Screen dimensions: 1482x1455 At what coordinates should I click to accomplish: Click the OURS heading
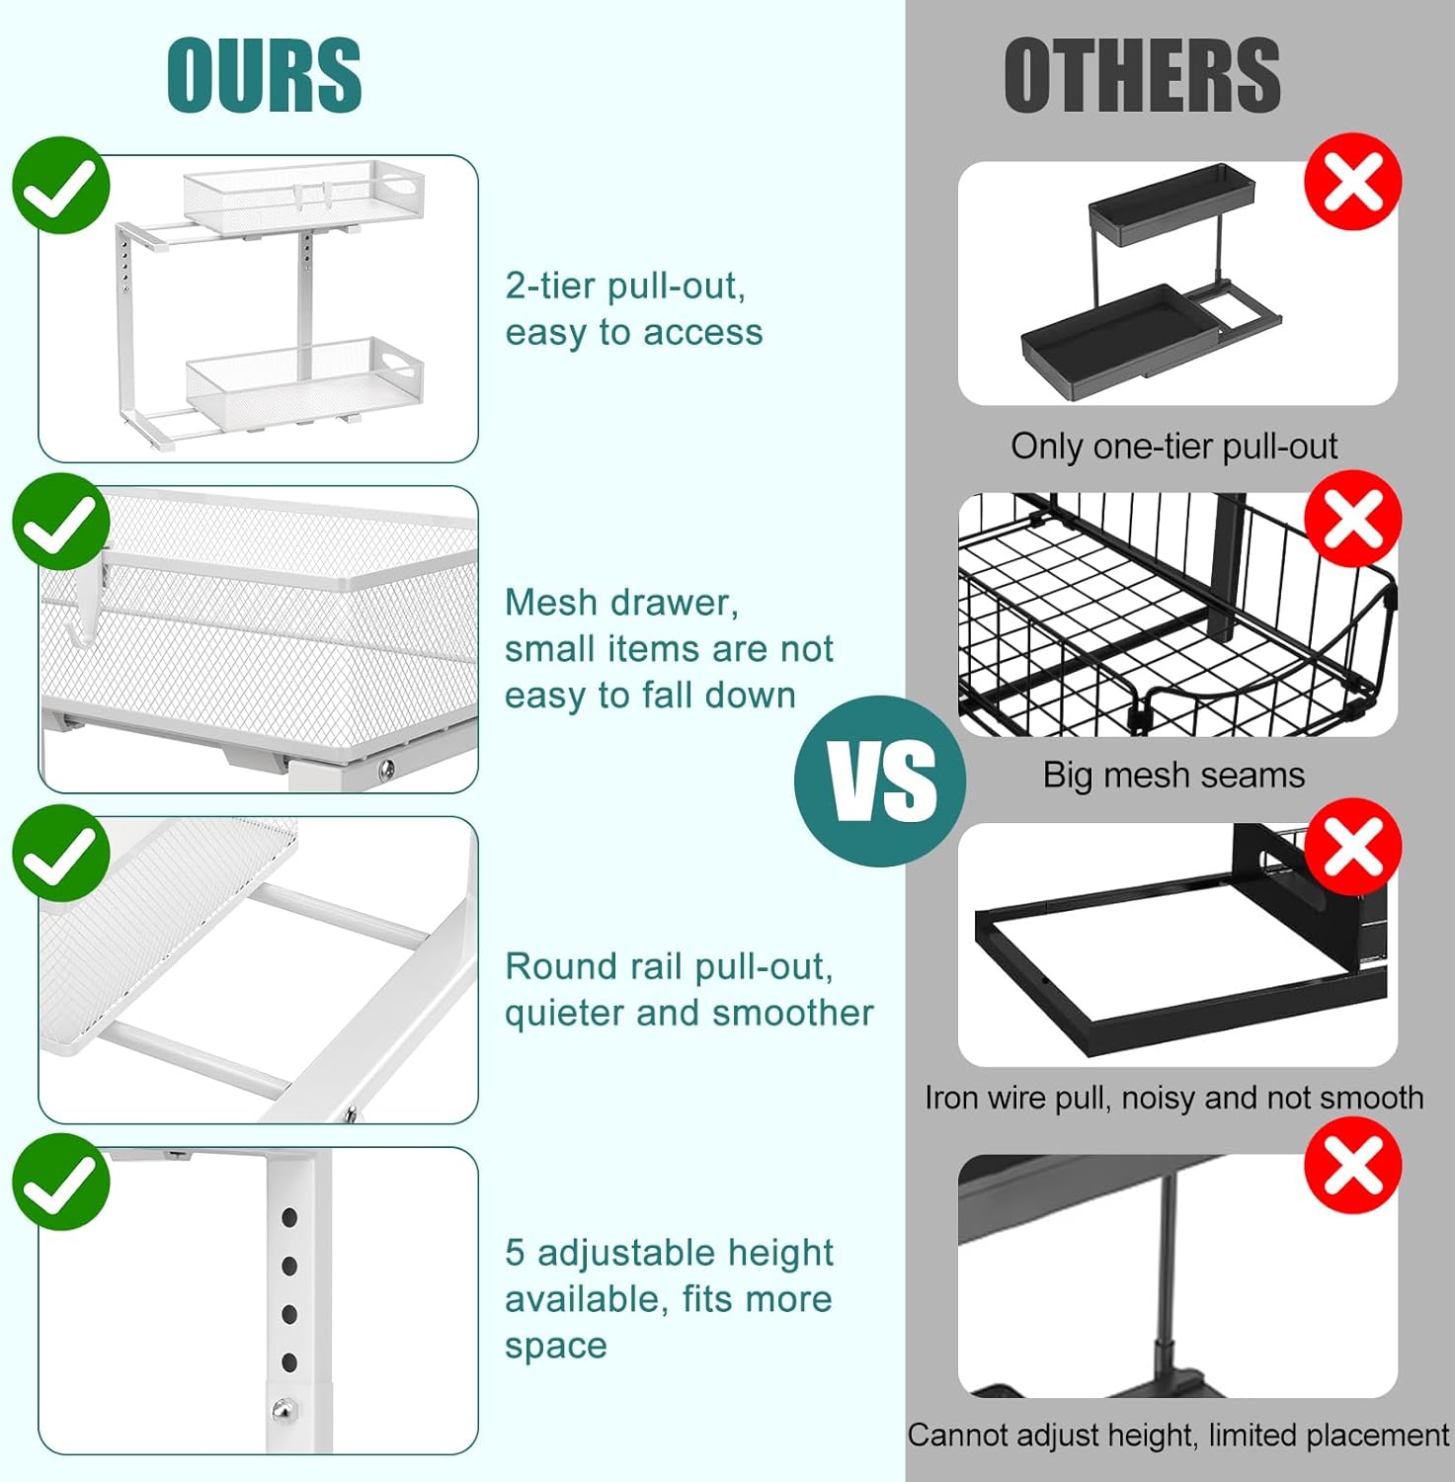(264, 75)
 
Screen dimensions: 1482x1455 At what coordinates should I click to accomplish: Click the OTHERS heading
(1142, 75)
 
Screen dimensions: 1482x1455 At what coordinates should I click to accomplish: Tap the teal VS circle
(880, 781)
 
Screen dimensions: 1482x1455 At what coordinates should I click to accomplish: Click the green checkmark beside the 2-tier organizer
(61, 185)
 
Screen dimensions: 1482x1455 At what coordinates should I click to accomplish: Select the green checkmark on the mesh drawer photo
(61, 521)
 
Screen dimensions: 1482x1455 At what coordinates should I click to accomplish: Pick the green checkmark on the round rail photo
(61, 853)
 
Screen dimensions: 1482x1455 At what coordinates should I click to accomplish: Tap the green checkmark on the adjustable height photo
(61, 1182)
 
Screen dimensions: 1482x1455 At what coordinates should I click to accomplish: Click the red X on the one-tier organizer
(1352, 182)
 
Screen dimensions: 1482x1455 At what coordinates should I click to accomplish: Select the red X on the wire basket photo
(1352, 519)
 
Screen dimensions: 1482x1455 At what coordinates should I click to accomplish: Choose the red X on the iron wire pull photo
(1352, 847)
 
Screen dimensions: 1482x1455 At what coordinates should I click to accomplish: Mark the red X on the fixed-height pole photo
(1352, 1166)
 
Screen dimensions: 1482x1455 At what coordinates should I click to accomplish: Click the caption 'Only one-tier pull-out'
(1173, 447)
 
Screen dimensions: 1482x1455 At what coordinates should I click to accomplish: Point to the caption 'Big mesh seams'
(1173, 776)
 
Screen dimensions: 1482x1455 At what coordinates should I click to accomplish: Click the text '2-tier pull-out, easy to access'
(633, 309)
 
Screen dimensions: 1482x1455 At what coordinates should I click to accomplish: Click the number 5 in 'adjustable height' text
(515, 1253)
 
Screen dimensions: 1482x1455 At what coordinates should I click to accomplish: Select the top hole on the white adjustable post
(289, 1218)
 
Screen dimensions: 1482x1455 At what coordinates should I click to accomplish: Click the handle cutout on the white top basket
(403, 185)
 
